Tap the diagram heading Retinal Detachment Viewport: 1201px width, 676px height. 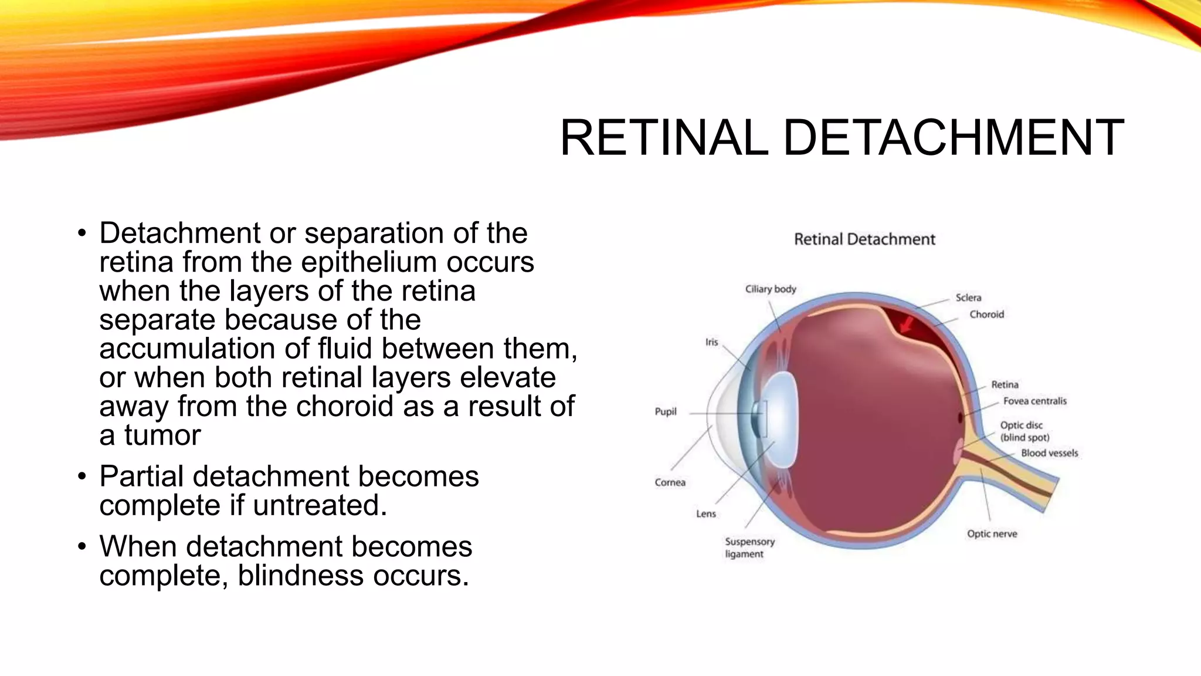tap(864, 239)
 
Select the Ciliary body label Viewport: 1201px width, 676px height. tap(771, 289)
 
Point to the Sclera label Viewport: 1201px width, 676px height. tap(968, 298)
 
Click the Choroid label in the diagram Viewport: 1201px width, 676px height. tap(986, 315)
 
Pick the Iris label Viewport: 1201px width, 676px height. tap(711, 342)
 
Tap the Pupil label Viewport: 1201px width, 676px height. tap(666, 411)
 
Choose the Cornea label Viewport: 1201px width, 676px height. tap(670, 482)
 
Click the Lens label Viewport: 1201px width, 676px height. tap(706, 513)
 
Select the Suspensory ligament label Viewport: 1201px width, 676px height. tap(749, 547)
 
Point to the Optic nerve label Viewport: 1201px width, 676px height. tap(992, 533)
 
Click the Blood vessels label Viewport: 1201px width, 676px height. tap(1049, 453)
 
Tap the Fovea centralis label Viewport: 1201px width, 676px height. tap(1034, 401)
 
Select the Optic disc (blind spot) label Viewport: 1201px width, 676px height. tap(1024, 431)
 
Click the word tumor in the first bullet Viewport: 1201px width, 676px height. tap(162, 435)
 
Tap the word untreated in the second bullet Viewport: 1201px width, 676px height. tap(319, 505)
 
